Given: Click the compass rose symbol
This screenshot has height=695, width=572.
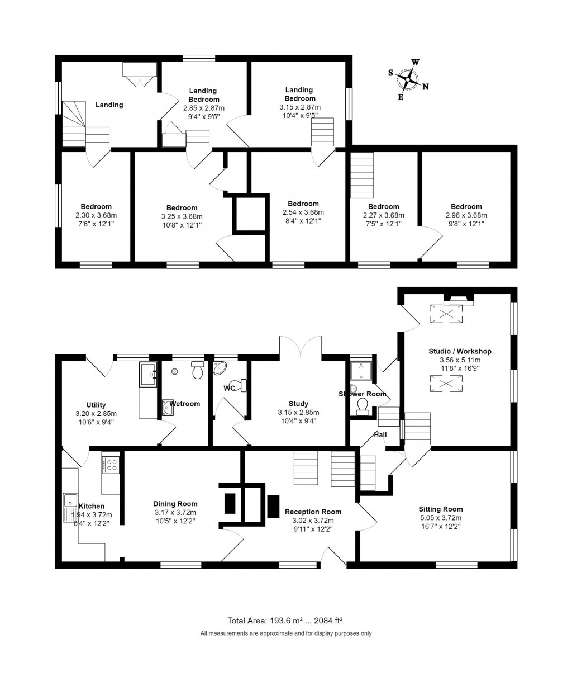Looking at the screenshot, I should (x=409, y=79).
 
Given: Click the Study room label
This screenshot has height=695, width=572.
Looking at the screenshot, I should (x=298, y=404).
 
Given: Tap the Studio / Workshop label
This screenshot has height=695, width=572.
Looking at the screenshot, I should (x=460, y=351).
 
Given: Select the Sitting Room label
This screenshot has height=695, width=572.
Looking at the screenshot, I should (x=441, y=509).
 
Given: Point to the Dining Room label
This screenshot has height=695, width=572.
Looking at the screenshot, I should (x=175, y=504).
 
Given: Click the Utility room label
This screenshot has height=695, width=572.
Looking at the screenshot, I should (x=96, y=405).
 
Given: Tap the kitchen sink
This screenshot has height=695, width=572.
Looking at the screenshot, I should (x=70, y=500).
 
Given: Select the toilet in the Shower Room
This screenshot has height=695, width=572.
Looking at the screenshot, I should (x=362, y=406).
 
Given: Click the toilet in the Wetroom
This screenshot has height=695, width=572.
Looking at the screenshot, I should (x=197, y=371).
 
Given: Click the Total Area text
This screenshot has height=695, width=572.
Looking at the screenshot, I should (x=285, y=620).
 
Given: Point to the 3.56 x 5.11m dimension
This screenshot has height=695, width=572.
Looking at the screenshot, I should (x=460, y=360).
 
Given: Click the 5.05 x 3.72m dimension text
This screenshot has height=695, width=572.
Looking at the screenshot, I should (x=441, y=518).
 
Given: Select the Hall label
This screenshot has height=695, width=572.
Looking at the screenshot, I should (x=380, y=434).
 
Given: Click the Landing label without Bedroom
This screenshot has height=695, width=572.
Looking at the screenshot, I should (x=109, y=105).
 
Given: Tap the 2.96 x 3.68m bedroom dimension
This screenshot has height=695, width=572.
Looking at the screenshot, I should (x=466, y=215).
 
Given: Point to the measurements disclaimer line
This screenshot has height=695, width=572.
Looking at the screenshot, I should (x=285, y=633).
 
